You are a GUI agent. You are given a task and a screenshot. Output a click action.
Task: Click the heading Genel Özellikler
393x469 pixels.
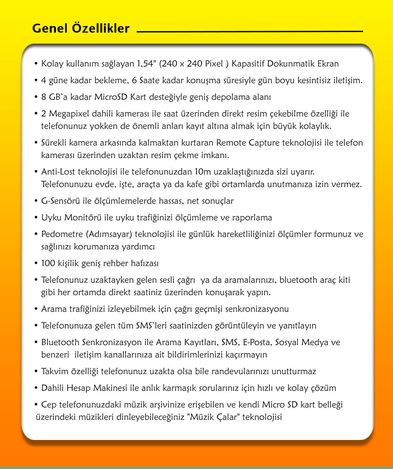81,29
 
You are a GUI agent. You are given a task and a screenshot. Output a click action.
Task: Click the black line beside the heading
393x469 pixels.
250,32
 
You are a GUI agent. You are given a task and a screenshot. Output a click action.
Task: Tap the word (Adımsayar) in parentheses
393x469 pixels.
106,234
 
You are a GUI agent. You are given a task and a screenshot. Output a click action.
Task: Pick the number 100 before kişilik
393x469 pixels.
48,263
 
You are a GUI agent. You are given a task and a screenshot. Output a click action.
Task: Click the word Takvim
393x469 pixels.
54,371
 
